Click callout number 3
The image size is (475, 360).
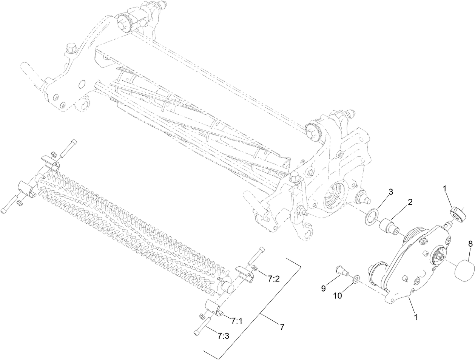(390, 192)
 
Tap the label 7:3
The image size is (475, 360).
(223, 335)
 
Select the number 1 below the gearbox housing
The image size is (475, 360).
(416, 318)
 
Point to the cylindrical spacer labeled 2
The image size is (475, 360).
(388, 224)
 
